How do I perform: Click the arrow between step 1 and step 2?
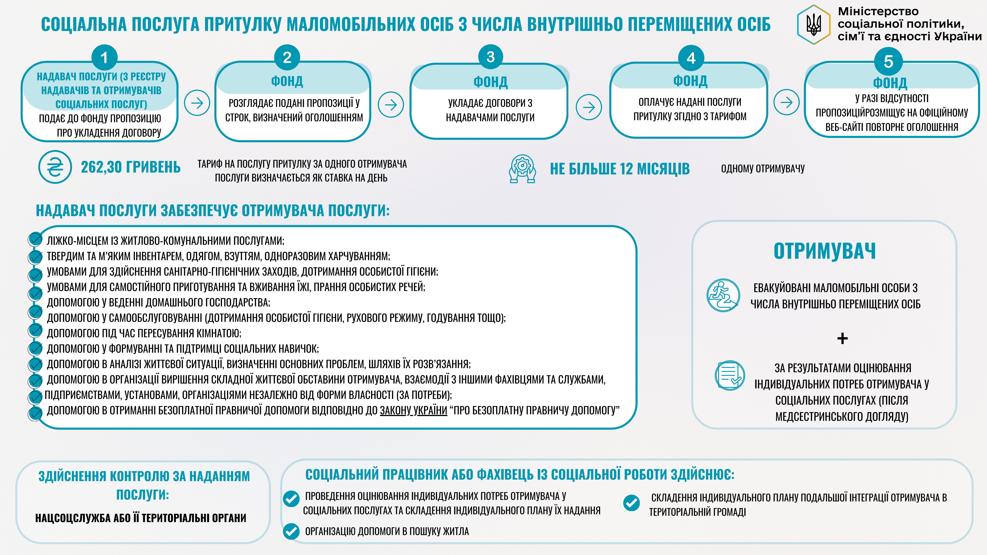[x=197, y=103]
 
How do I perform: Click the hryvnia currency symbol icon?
[x=55, y=167]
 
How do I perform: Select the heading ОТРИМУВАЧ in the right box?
[x=824, y=251]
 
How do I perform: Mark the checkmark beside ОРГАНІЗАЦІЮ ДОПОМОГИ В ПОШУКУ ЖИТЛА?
[x=291, y=531]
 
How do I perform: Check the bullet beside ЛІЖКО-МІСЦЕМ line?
[x=35, y=239]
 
